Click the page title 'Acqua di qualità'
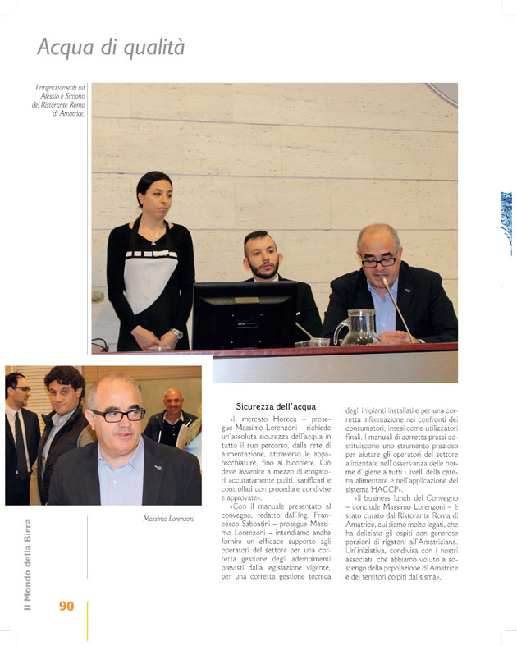point(111,47)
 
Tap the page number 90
point(66,606)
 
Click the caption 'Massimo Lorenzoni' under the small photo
point(168,519)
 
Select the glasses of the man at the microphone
point(378,262)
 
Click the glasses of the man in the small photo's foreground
point(118,415)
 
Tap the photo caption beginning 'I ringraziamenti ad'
point(59,100)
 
